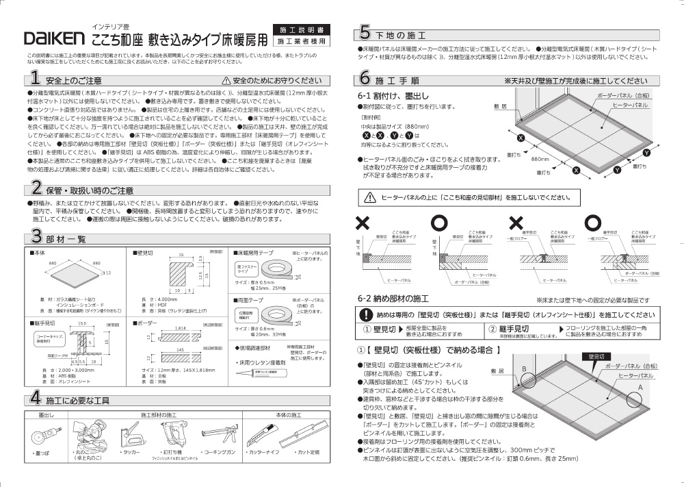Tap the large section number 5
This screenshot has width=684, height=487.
pyautogui.click(x=365, y=33)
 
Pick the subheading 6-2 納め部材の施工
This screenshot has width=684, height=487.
pyautogui.click(x=393, y=298)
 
